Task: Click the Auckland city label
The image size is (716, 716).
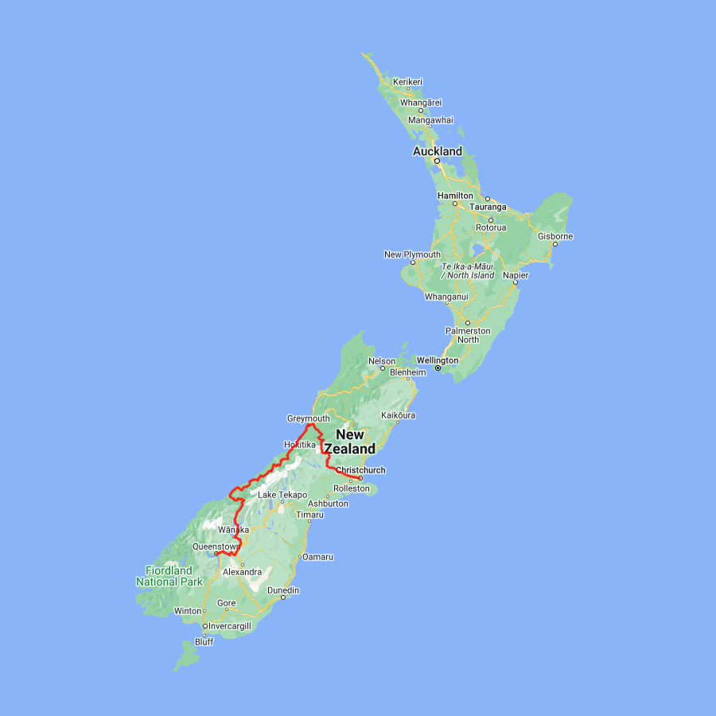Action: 437,151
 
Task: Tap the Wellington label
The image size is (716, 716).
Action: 438,360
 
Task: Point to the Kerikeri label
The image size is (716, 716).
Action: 407,82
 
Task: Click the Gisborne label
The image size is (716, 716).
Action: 555,236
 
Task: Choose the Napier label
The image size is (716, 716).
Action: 516,274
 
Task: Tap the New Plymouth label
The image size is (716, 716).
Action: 412,255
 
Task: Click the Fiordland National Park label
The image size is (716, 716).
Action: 169,576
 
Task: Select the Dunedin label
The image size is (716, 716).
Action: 283,590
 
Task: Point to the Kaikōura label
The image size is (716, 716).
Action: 399,415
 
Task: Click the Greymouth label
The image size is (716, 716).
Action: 308,418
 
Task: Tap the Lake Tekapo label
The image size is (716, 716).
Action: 282,495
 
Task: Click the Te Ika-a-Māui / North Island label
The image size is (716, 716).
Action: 468,270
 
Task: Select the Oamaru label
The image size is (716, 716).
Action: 317,556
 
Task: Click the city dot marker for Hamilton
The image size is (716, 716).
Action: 455,204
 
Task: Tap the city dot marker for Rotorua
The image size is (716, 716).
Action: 491,220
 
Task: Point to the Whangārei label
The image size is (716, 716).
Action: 421,103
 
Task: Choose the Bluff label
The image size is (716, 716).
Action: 204,641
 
